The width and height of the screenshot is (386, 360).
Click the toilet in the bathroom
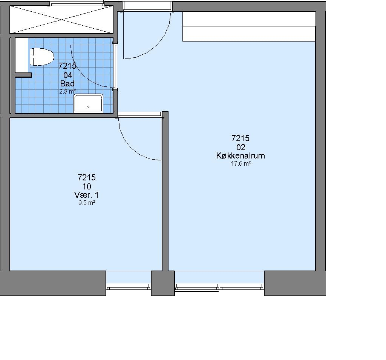[x=42, y=57]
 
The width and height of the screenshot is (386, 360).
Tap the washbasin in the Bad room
[x=88, y=103]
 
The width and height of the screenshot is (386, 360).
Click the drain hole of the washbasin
[x=88, y=107]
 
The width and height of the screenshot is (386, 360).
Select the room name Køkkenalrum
[x=240, y=156]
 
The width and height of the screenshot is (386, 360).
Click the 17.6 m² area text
[x=241, y=164]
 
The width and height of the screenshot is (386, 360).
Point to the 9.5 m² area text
[x=87, y=203]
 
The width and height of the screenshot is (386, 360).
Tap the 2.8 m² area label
[x=67, y=92]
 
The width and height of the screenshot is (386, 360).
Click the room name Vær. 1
[x=86, y=195]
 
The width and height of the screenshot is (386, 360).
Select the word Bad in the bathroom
[x=67, y=83]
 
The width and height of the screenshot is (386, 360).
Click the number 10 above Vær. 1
[x=87, y=186]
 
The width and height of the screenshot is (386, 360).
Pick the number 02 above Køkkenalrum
[x=241, y=147]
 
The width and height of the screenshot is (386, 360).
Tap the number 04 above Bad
[x=68, y=75]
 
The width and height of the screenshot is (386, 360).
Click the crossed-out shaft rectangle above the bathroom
[x=61, y=20]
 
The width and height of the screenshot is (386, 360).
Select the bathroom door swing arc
[x=81, y=74]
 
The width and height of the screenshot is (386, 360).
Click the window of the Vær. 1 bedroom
[x=129, y=287]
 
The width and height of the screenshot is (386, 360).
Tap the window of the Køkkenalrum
[x=219, y=287]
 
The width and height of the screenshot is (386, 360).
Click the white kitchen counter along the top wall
[x=249, y=26]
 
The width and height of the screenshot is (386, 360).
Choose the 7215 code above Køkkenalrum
[x=240, y=138]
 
